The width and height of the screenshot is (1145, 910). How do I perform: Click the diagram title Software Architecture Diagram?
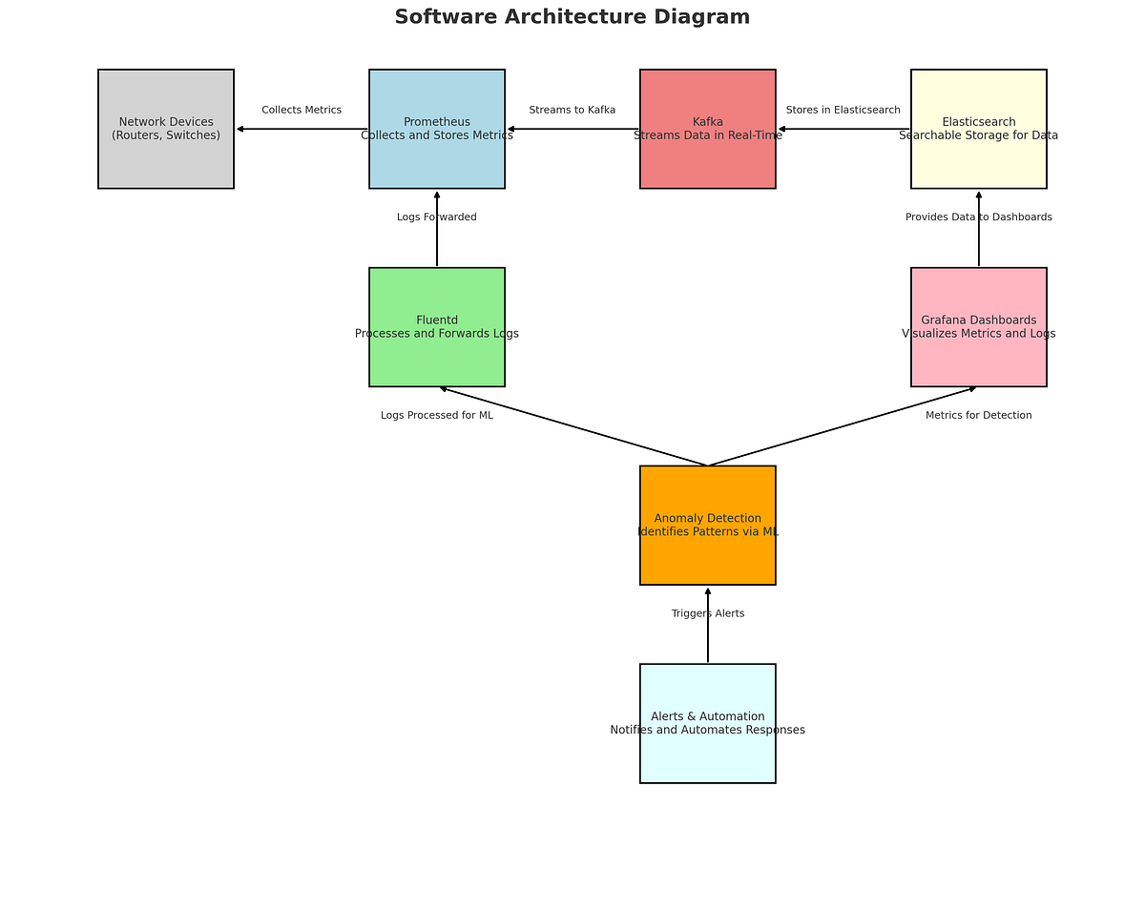pyautogui.click(x=572, y=17)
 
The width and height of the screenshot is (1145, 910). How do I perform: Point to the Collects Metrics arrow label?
pyautogui.click(x=302, y=110)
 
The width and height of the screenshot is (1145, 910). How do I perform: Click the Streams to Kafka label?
pyautogui.click(x=572, y=110)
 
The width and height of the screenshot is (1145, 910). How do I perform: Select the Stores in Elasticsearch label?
pyautogui.click(x=843, y=110)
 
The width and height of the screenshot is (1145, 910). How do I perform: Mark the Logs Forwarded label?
pyautogui.click(x=437, y=217)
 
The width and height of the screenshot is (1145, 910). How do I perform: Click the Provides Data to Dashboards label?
pyautogui.click(x=978, y=217)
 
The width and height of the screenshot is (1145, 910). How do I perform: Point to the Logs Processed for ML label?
pyautogui.click(x=437, y=415)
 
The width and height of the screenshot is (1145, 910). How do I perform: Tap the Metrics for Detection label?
pyautogui.click(x=978, y=415)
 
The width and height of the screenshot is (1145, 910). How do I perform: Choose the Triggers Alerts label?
pyautogui.click(x=707, y=613)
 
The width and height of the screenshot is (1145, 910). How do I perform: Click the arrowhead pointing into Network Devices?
pyautogui.click(x=240, y=129)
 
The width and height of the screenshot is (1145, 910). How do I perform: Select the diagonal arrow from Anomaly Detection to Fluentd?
pyautogui.click(x=572, y=426)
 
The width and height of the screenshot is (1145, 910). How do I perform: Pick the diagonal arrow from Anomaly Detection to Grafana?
pyautogui.click(x=843, y=426)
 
